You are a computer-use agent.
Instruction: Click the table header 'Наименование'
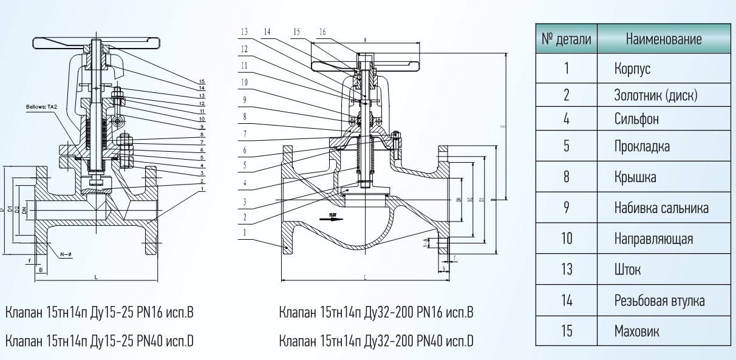coord(664,39)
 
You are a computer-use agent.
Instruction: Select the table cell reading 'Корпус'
coord(632,69)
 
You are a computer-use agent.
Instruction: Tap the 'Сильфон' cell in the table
coord(636,118)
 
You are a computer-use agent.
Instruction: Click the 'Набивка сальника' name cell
coord(661,208)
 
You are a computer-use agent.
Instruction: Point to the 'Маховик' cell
coord(636,331)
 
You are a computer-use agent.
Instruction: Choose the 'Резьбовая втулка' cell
coord(659,301)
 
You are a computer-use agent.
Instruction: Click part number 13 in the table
coord(567,270)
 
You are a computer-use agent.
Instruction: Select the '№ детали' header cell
coord(566,39)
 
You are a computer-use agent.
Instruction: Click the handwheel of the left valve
coord(97,44)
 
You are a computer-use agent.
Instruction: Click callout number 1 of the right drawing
coord(244,232)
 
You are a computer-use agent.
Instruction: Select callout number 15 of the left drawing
coord(202,81)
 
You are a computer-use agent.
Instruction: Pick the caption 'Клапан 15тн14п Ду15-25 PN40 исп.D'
coord(99,341)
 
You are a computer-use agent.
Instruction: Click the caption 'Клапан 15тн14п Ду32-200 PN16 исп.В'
coord(376,313)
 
